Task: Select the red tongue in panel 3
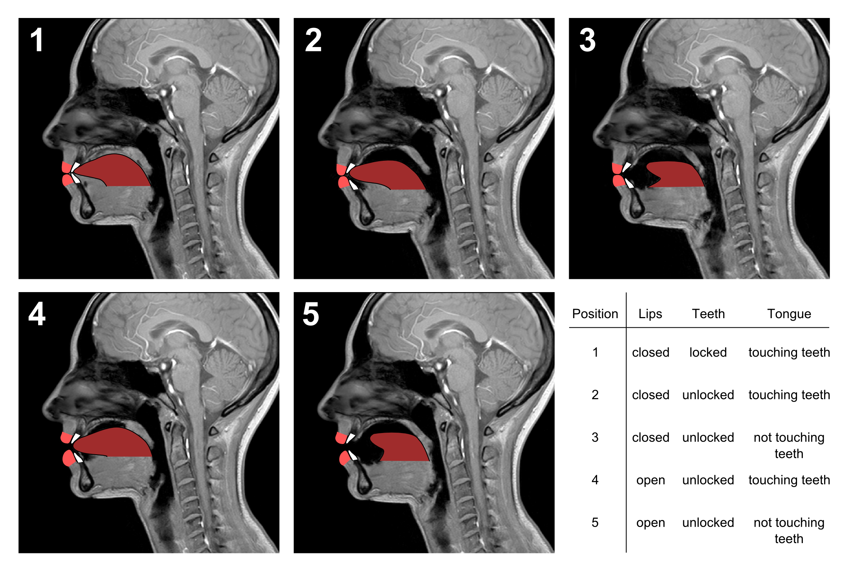tap(675, 174)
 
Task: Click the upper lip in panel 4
tap(66, 437)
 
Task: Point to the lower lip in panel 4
tap(68, 458)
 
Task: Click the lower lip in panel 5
tap(344, 458)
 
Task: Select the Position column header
tap(595, 314)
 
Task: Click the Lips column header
tap(650, 314)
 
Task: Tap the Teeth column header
tap(708, 314)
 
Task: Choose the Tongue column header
tap(789, 314)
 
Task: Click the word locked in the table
tap(708, 352)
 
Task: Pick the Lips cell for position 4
tap(650, 480)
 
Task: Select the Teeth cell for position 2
tap(708, 395)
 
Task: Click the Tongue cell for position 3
tap(789, 445)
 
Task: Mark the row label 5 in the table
tap(595, 523)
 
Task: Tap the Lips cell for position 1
tap(650, 352)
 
